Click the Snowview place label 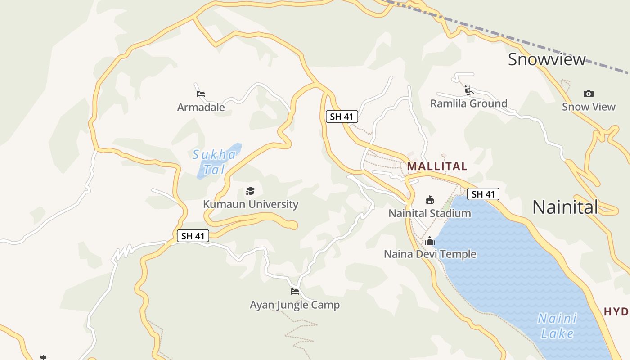point(547,59)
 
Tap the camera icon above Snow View point(588,94)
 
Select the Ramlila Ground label point(468,103)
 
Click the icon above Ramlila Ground point(469,90)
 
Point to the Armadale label point(201,107)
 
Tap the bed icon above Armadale point(201,94)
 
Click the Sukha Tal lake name point(214,162)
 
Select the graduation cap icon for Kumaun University point(250,191)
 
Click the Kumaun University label point(251,204)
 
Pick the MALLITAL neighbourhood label point(437,166)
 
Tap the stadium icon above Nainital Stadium point(430,200)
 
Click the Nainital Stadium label point(430,213)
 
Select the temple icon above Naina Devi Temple point(430,241)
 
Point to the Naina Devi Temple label point(430,254)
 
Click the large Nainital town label point(565,207)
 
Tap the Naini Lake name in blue point(557,326)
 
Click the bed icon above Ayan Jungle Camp point(295,292)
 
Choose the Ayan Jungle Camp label point(295,305)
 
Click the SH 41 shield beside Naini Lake point(483,194)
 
